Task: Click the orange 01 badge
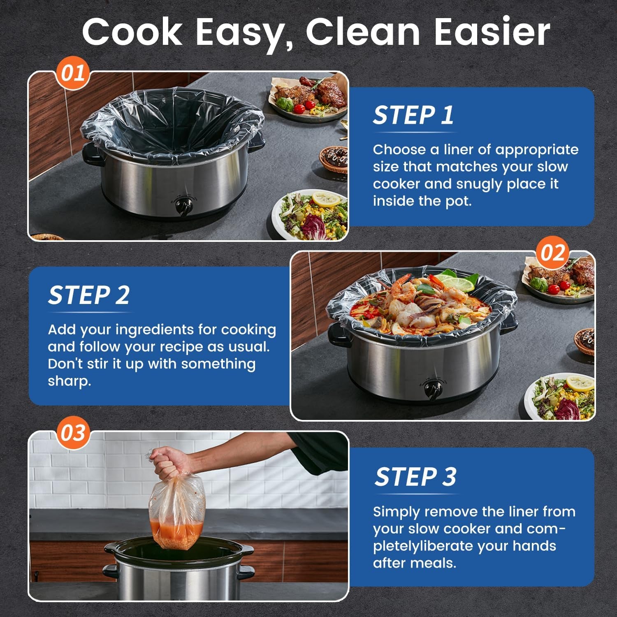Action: coord(73,74)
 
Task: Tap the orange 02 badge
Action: coord(552,253)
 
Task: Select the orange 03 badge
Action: coord(73,433)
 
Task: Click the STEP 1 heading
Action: coord(413,115)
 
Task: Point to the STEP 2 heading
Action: coord(88,295)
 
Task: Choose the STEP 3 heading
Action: coord(415,477)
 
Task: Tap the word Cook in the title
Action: coord(132,32)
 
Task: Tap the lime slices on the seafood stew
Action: coord(459,283)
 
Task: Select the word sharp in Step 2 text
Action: coord(69,381)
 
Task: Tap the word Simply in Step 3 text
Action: coord(397,512)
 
